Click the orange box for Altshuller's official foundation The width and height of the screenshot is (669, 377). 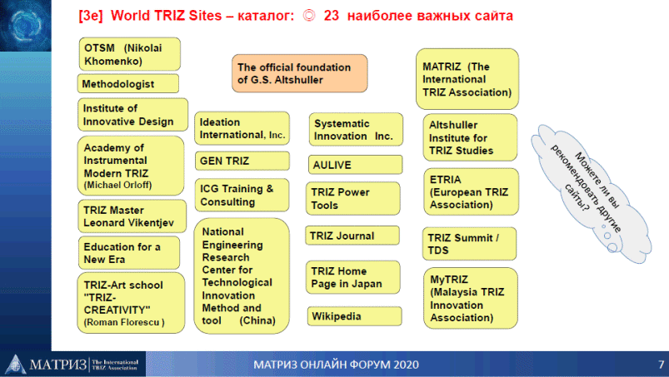coord(300,73)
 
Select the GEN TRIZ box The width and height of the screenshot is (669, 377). coord(242,161)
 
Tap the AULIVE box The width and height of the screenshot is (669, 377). coord(355,165)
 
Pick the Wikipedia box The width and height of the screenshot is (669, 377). coord(354,316)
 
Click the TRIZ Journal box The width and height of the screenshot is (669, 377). coord(352,236)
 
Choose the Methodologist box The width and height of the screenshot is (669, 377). coord(128,83)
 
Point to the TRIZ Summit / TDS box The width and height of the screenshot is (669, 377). coord(469,244)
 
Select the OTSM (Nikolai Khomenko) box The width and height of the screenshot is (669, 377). coord(130,54)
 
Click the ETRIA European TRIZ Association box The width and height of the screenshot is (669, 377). coord(471,191)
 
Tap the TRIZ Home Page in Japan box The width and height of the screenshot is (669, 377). coord(353,277)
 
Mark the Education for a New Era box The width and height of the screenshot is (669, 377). coord(129,253)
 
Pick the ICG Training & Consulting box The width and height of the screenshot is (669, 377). coord(242,195)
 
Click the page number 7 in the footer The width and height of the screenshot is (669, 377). coord(661,365)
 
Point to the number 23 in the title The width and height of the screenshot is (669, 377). coord(331,16)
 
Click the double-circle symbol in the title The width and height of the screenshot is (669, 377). coord(309,16)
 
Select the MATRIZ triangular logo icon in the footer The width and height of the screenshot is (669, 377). coord(16,365)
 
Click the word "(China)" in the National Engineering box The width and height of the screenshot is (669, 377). coord(257,320)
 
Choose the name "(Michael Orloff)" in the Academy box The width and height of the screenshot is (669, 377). coord(117,186)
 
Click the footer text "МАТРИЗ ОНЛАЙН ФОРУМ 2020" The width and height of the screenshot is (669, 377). coord(337,365)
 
